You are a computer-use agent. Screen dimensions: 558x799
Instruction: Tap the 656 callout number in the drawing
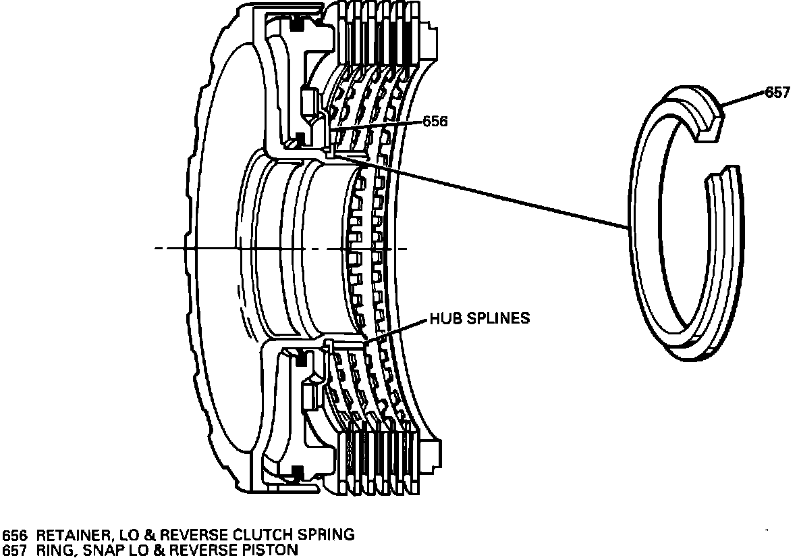(x=435, y=122)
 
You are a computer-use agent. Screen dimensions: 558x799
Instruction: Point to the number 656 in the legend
(x=14, y=535)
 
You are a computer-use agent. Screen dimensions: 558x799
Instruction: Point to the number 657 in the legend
(x=14, y=550)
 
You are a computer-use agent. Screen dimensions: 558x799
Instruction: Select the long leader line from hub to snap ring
(x=486, y=193)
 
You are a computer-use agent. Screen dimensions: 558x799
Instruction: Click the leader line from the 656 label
(x=378, y=126)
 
